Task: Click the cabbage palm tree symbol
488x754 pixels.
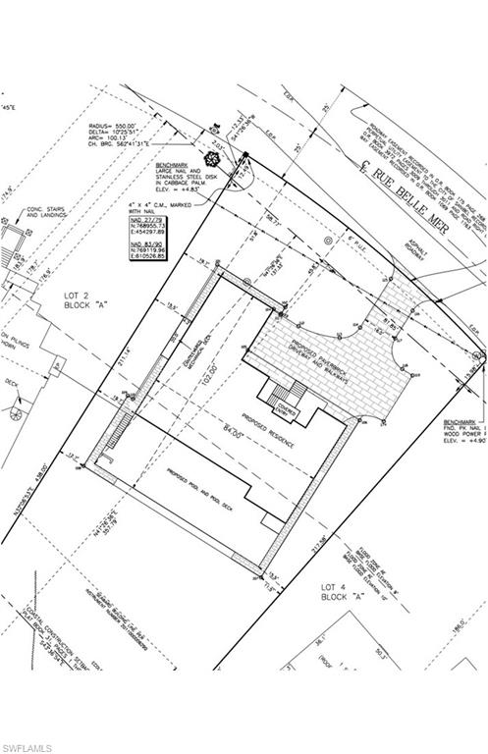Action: (210, 157)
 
